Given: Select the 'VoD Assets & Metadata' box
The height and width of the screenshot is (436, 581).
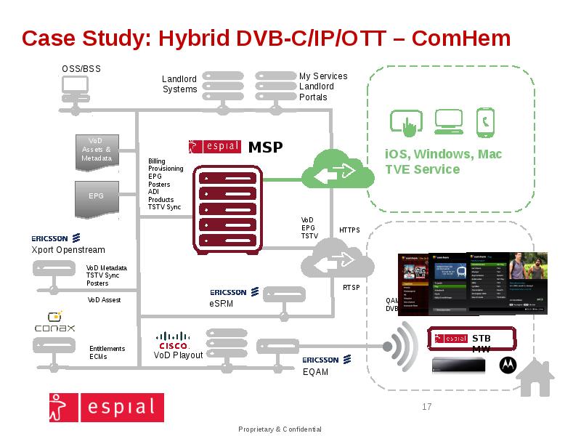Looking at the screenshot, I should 97,150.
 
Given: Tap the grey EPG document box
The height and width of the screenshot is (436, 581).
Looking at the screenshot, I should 97,198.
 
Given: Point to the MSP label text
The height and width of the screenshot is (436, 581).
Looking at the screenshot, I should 265,148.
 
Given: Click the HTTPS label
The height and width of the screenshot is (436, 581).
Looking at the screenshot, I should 349,230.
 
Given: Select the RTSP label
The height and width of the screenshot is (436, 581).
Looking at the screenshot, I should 352,288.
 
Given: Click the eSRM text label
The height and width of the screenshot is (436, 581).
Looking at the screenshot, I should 221,304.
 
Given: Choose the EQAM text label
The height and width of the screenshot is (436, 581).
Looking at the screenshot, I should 315,372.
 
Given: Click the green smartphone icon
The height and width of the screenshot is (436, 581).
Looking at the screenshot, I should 485,122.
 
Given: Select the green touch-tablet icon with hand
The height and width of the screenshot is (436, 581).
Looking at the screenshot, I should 407,122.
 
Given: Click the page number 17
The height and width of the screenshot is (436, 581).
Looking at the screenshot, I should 426,407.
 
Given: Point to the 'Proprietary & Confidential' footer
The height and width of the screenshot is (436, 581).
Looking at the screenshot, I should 280,429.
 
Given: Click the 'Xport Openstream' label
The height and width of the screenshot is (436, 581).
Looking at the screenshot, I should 68,250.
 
